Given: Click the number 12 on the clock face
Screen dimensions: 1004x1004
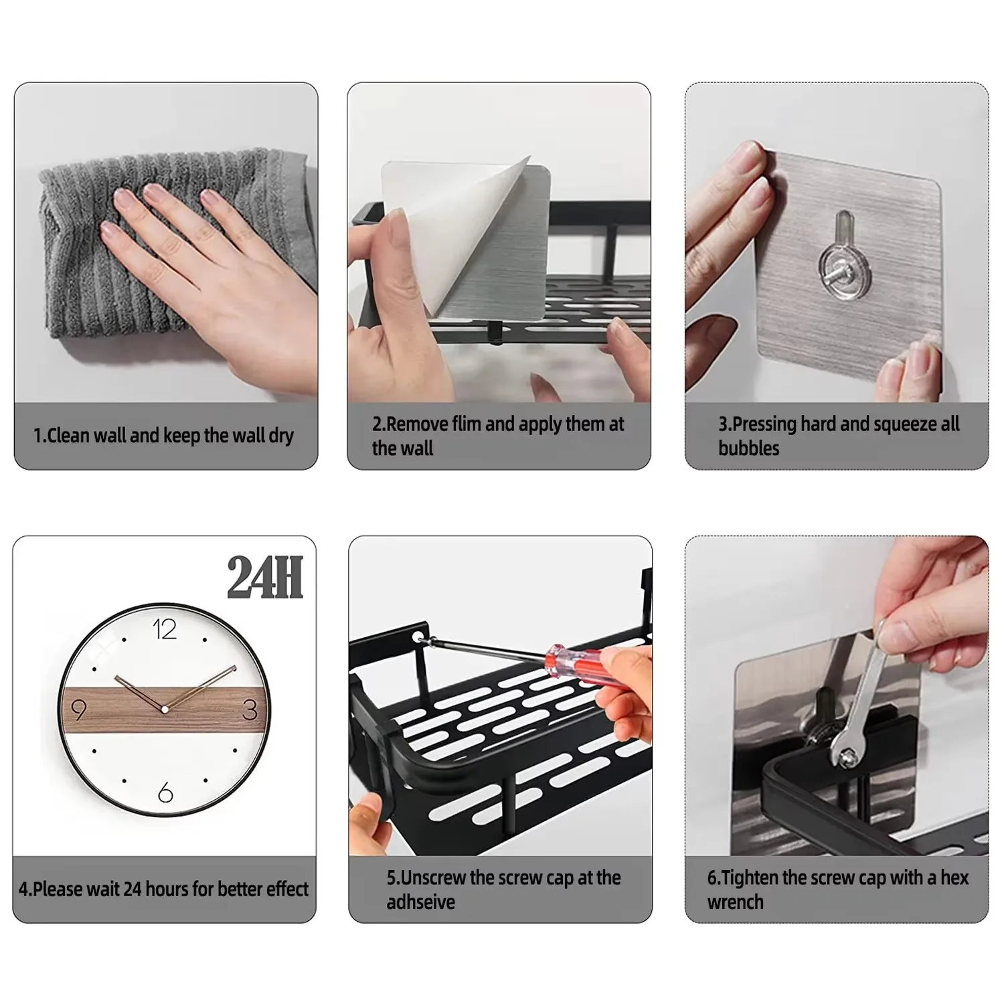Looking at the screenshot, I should pyautogui.click(x=165, y=629).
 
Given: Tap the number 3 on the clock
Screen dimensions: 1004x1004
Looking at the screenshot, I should pyautogui.click(x=250, y=709).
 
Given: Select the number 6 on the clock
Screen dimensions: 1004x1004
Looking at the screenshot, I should pyautogui.click(x=165, y=793).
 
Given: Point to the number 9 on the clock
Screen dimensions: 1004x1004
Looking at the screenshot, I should pyautogui.click(x=78, y=709).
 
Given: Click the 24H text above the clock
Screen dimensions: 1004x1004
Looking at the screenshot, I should pyautogui.click(x=265, y=578).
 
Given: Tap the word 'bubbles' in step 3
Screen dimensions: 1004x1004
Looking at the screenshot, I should pyautogui.click(x=748, y=448).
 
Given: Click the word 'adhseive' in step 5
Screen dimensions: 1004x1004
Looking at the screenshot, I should pyautogui.click(x=420, y=902).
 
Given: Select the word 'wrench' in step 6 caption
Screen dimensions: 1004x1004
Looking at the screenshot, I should pyautogui.click(x=735, y=902).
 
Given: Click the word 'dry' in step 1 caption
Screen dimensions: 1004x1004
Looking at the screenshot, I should pyautogui.click(x=281, y=436).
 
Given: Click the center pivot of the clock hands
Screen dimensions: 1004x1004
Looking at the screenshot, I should pyautogui.click(x=164, y=708).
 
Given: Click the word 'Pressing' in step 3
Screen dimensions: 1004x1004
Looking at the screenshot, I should pyautogui.click(x=765, y=424).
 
